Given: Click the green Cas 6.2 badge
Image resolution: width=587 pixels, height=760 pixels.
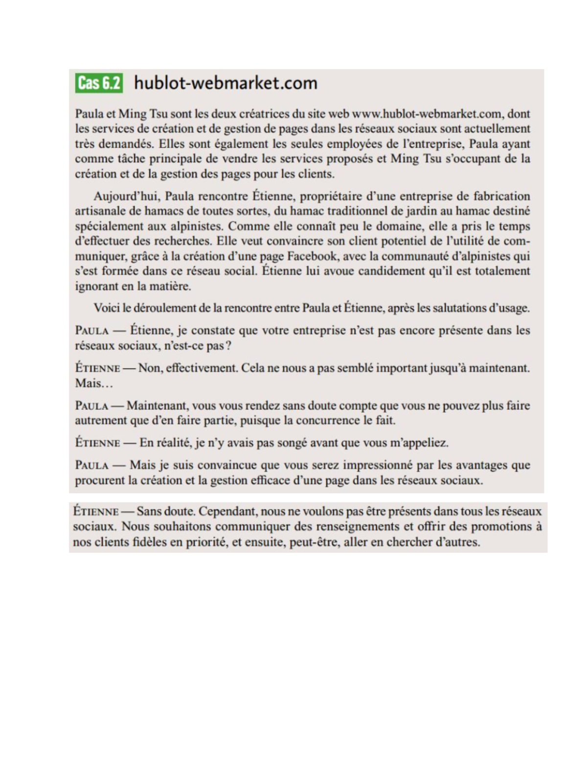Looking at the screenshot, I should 99,83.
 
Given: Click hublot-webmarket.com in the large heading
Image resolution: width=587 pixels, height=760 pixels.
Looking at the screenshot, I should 226,83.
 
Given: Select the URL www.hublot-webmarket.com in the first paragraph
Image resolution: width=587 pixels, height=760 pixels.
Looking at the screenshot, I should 427,114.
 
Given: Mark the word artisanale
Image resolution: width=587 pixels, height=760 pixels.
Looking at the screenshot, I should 98,211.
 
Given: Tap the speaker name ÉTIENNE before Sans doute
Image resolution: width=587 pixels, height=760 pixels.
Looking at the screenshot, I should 96,512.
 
